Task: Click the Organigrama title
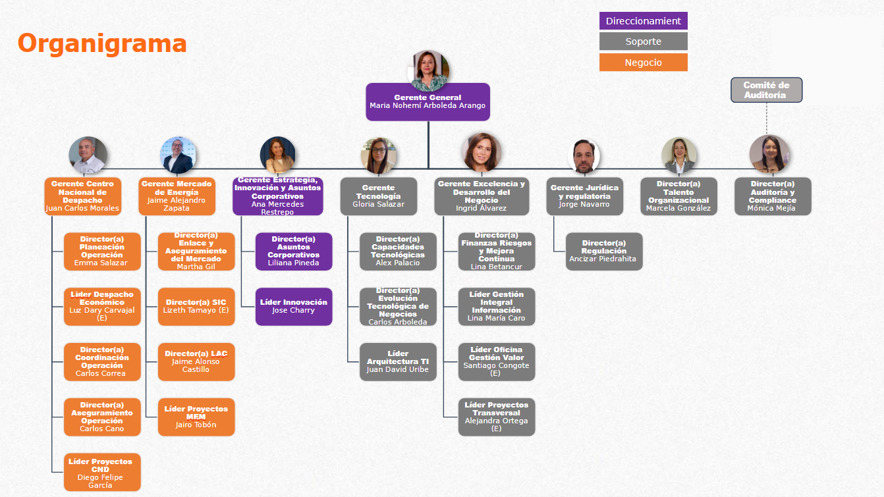[102, 43]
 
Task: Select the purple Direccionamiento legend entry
[643, 21]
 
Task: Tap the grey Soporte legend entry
[643, 41]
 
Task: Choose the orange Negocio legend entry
[643, 63]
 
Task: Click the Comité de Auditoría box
[766, 90]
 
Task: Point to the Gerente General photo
[428, 70]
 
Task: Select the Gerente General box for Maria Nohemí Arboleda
[428, 101]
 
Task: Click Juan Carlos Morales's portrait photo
[88, 155]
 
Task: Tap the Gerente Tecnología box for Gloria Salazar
[378, 196]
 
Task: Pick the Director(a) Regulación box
[603, 251]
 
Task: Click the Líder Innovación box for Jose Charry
[294, 306]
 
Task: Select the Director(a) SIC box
[196, 306]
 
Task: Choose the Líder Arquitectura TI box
[398, 361]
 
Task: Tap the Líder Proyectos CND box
[102, 472]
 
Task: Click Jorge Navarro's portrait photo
[584, 157]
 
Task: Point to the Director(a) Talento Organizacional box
[678, 196]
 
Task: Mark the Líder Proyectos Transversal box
[496, 417]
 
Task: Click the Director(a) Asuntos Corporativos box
[294, 251]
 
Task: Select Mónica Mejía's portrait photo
[769, 155]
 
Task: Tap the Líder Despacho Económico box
[102, 306]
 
